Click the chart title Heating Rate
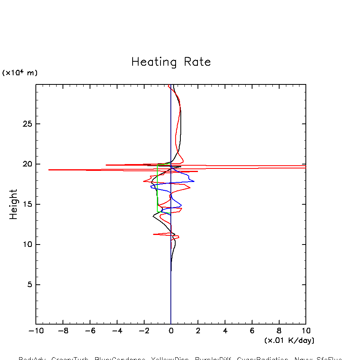(171, 62)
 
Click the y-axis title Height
(14, 204)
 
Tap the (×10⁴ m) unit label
(20, 73)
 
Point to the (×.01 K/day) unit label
(289, 340)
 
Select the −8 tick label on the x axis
(63, 331)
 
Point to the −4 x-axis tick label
(117, 331)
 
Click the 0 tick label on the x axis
(171, 331)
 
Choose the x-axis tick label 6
(252, 331)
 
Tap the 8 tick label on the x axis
(279, 331)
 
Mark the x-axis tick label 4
(225, 331)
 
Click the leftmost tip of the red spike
(49, 170)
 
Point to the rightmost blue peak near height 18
(194, 181)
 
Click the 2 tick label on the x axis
(198, 331)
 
